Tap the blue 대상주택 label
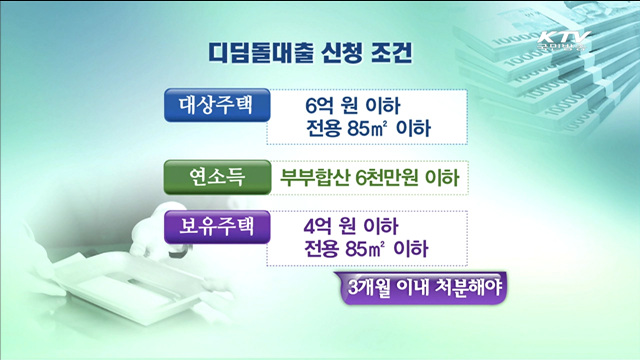[x=216, y=103]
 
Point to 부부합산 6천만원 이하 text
[x=369, y=179]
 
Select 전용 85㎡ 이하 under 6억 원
[x=367, y=128]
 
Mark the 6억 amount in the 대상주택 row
[x=320, y=104]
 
